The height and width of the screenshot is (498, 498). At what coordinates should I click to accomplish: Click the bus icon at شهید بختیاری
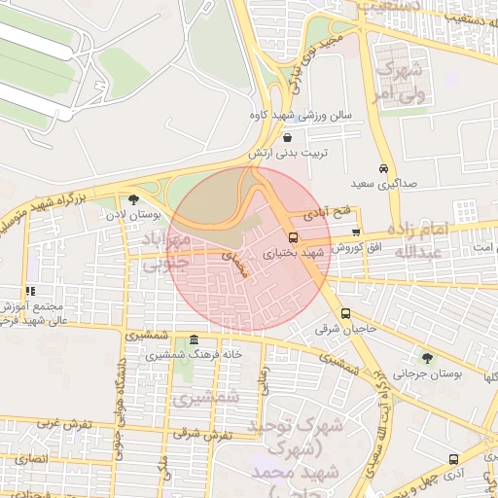[293, 237]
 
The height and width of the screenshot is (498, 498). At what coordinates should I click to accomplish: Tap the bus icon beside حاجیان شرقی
[346, 313]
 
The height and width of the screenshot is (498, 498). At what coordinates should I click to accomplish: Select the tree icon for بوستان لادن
[133, 199]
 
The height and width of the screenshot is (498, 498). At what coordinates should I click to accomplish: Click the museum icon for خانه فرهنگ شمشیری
[196, 340]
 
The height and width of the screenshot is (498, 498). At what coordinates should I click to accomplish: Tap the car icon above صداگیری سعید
[384, 167]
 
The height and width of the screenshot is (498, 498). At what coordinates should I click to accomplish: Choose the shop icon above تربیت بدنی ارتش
[285, 138]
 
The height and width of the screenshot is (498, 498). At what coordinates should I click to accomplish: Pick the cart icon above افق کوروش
[356, 232]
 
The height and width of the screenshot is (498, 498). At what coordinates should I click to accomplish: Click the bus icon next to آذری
[453, 459]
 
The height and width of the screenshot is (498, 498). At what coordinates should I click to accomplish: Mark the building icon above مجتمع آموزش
[31, 290]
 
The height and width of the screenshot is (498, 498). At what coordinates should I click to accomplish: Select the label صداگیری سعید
[382, 183]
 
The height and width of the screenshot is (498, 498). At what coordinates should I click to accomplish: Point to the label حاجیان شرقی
[345, 330]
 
